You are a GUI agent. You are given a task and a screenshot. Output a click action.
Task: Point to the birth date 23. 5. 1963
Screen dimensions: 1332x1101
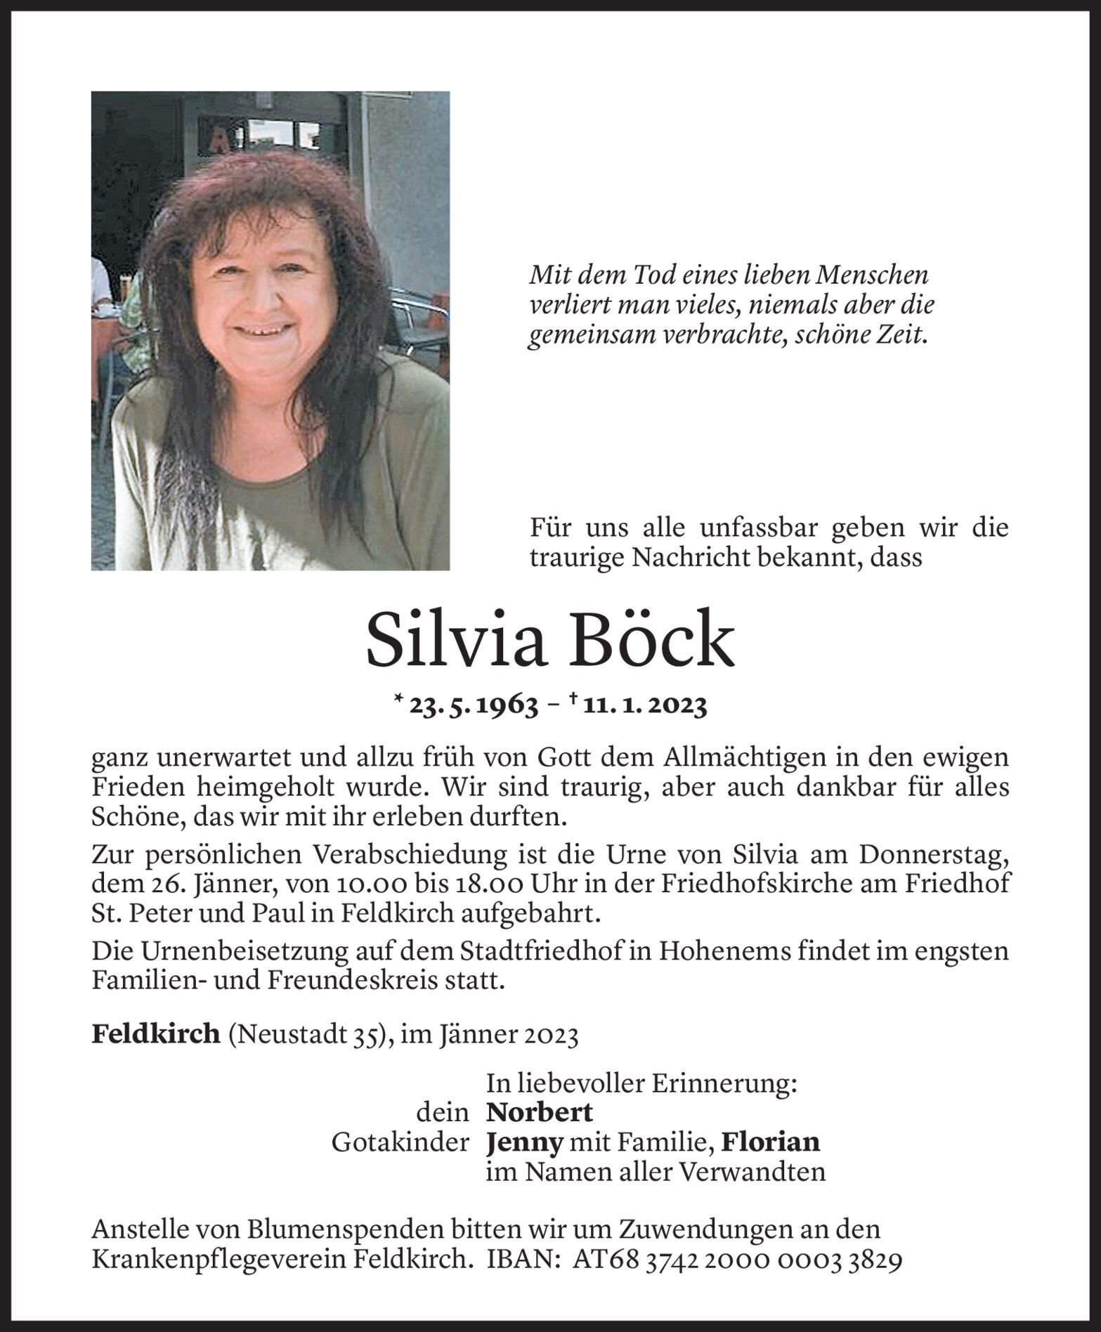click(x=474, y=706)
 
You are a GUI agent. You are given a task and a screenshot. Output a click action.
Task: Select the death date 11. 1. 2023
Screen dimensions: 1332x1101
click(x=644, y=706)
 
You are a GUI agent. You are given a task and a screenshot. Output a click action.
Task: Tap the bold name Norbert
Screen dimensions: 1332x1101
click(x=540, y=1112)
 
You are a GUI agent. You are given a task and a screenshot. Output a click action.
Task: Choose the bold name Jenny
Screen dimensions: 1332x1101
click(x=524, y=1142)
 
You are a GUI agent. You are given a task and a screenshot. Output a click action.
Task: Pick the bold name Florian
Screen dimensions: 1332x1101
click(x=771, y=1142)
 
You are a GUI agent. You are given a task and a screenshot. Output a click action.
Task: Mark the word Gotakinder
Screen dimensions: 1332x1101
click(x=400, y=1142)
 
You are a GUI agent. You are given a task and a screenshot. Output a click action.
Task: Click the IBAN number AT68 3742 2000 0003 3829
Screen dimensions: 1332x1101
click(x=738, y=1260)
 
